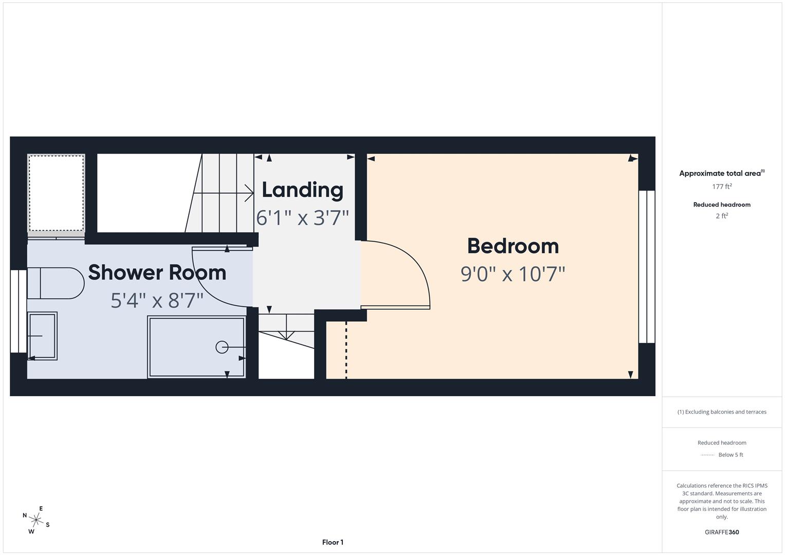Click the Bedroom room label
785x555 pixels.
tap(513, 246)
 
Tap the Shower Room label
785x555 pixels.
tap(157, 272)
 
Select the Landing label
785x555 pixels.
tap(302, 190)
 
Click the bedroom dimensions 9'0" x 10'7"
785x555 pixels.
tap(513, 274)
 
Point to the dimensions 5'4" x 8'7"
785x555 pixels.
tap(157, 300)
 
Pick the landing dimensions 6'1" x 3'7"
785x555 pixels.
tap(302, 218)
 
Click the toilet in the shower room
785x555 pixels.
tap(56, 283)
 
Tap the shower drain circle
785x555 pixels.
tap(222, 347)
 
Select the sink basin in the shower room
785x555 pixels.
tap(42, 336)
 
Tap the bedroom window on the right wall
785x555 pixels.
tap(646, 266)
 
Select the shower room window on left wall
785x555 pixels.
tap(19, 311)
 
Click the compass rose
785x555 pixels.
tap(36, 520)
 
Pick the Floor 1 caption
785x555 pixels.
tap(333, 542)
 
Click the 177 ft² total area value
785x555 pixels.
tap(721, 187)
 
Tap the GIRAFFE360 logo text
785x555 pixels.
tap(721, 532)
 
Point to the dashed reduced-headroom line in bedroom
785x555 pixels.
tap(346, 349)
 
